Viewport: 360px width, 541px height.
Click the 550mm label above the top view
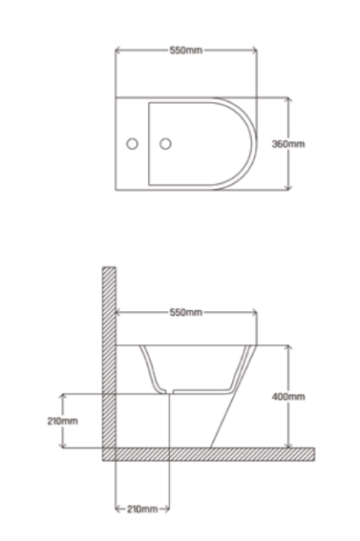click(185, 51)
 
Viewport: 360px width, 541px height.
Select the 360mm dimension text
click(288, 144)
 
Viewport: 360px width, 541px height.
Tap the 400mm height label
click(288, 397)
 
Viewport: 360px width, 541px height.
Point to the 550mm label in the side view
click(185, 313)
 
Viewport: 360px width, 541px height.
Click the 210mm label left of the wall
click(62, 421)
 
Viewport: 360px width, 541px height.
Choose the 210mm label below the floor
click(142, 509)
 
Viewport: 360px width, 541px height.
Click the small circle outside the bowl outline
click(132, 144)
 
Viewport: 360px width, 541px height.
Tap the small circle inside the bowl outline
click(165, 144)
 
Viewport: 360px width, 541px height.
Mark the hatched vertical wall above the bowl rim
click(109, 305)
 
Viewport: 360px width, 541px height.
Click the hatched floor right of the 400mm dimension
click(302, 454)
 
